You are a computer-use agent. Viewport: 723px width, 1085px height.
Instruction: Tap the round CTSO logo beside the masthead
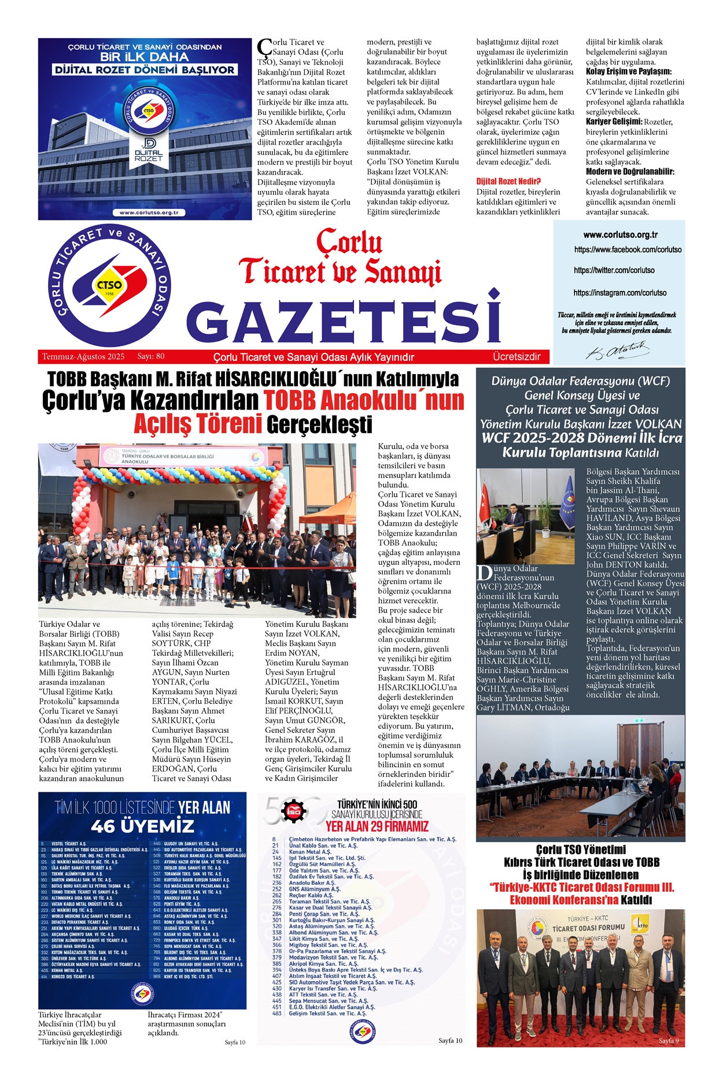109,285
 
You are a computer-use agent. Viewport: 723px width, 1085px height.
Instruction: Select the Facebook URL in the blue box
628,250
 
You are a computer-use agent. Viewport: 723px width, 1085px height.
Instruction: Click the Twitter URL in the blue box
614,270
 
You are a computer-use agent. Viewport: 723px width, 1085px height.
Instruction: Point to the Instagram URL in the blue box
619,293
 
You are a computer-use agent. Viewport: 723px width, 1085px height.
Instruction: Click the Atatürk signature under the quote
617,350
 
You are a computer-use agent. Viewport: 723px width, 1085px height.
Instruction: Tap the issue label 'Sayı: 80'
151,357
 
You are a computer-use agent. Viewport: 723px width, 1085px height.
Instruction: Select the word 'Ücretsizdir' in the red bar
517,357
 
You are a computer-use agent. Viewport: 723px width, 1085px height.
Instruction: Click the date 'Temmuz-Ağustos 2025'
83,357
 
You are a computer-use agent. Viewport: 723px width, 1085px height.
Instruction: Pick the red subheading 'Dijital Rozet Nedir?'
508,181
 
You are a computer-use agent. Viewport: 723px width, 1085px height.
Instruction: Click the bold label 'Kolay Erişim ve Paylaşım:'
629,72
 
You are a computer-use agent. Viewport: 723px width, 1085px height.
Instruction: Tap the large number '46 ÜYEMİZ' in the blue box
142,825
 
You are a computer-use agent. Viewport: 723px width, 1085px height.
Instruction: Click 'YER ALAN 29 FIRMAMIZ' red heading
377,826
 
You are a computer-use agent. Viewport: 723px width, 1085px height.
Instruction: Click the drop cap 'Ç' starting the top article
264,47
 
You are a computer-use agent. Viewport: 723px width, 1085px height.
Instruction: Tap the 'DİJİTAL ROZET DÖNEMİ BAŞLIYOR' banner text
144,70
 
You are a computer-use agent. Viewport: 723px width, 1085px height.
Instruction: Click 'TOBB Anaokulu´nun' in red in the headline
364,400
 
